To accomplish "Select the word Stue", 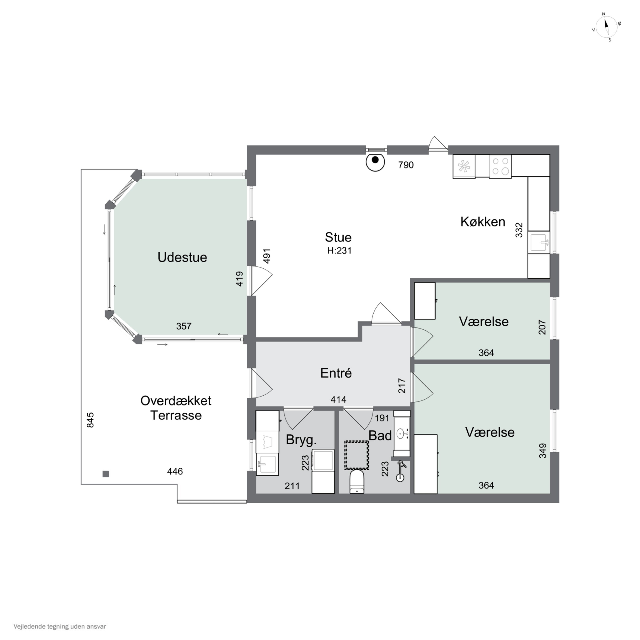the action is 338,237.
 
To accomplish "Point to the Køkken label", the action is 483,222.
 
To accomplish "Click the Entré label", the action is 336,373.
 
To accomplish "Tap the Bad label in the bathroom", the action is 380,436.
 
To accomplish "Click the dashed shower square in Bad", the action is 356,455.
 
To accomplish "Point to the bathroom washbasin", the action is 401,434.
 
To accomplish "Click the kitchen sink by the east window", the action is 539,243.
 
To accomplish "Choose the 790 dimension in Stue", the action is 406,165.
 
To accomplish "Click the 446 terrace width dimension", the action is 175,471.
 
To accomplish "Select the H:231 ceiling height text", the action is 339,251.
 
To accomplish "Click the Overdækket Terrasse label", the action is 176,408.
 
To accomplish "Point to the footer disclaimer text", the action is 60,626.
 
